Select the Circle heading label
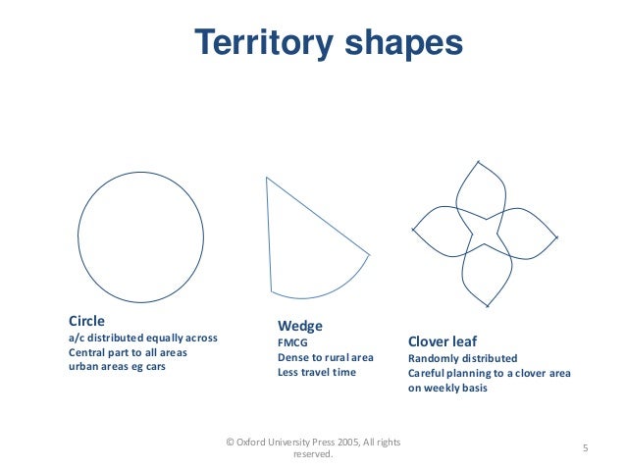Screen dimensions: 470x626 86,321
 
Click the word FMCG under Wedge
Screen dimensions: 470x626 293,342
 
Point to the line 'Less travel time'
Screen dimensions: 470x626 317,372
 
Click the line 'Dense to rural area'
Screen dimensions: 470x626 326,357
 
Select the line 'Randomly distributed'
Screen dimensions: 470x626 462,358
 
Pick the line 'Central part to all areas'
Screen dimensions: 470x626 128,351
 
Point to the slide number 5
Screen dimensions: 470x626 585,449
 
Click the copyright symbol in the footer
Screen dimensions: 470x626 230,443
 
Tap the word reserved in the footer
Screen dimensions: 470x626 313,455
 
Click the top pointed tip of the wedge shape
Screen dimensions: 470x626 267,179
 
